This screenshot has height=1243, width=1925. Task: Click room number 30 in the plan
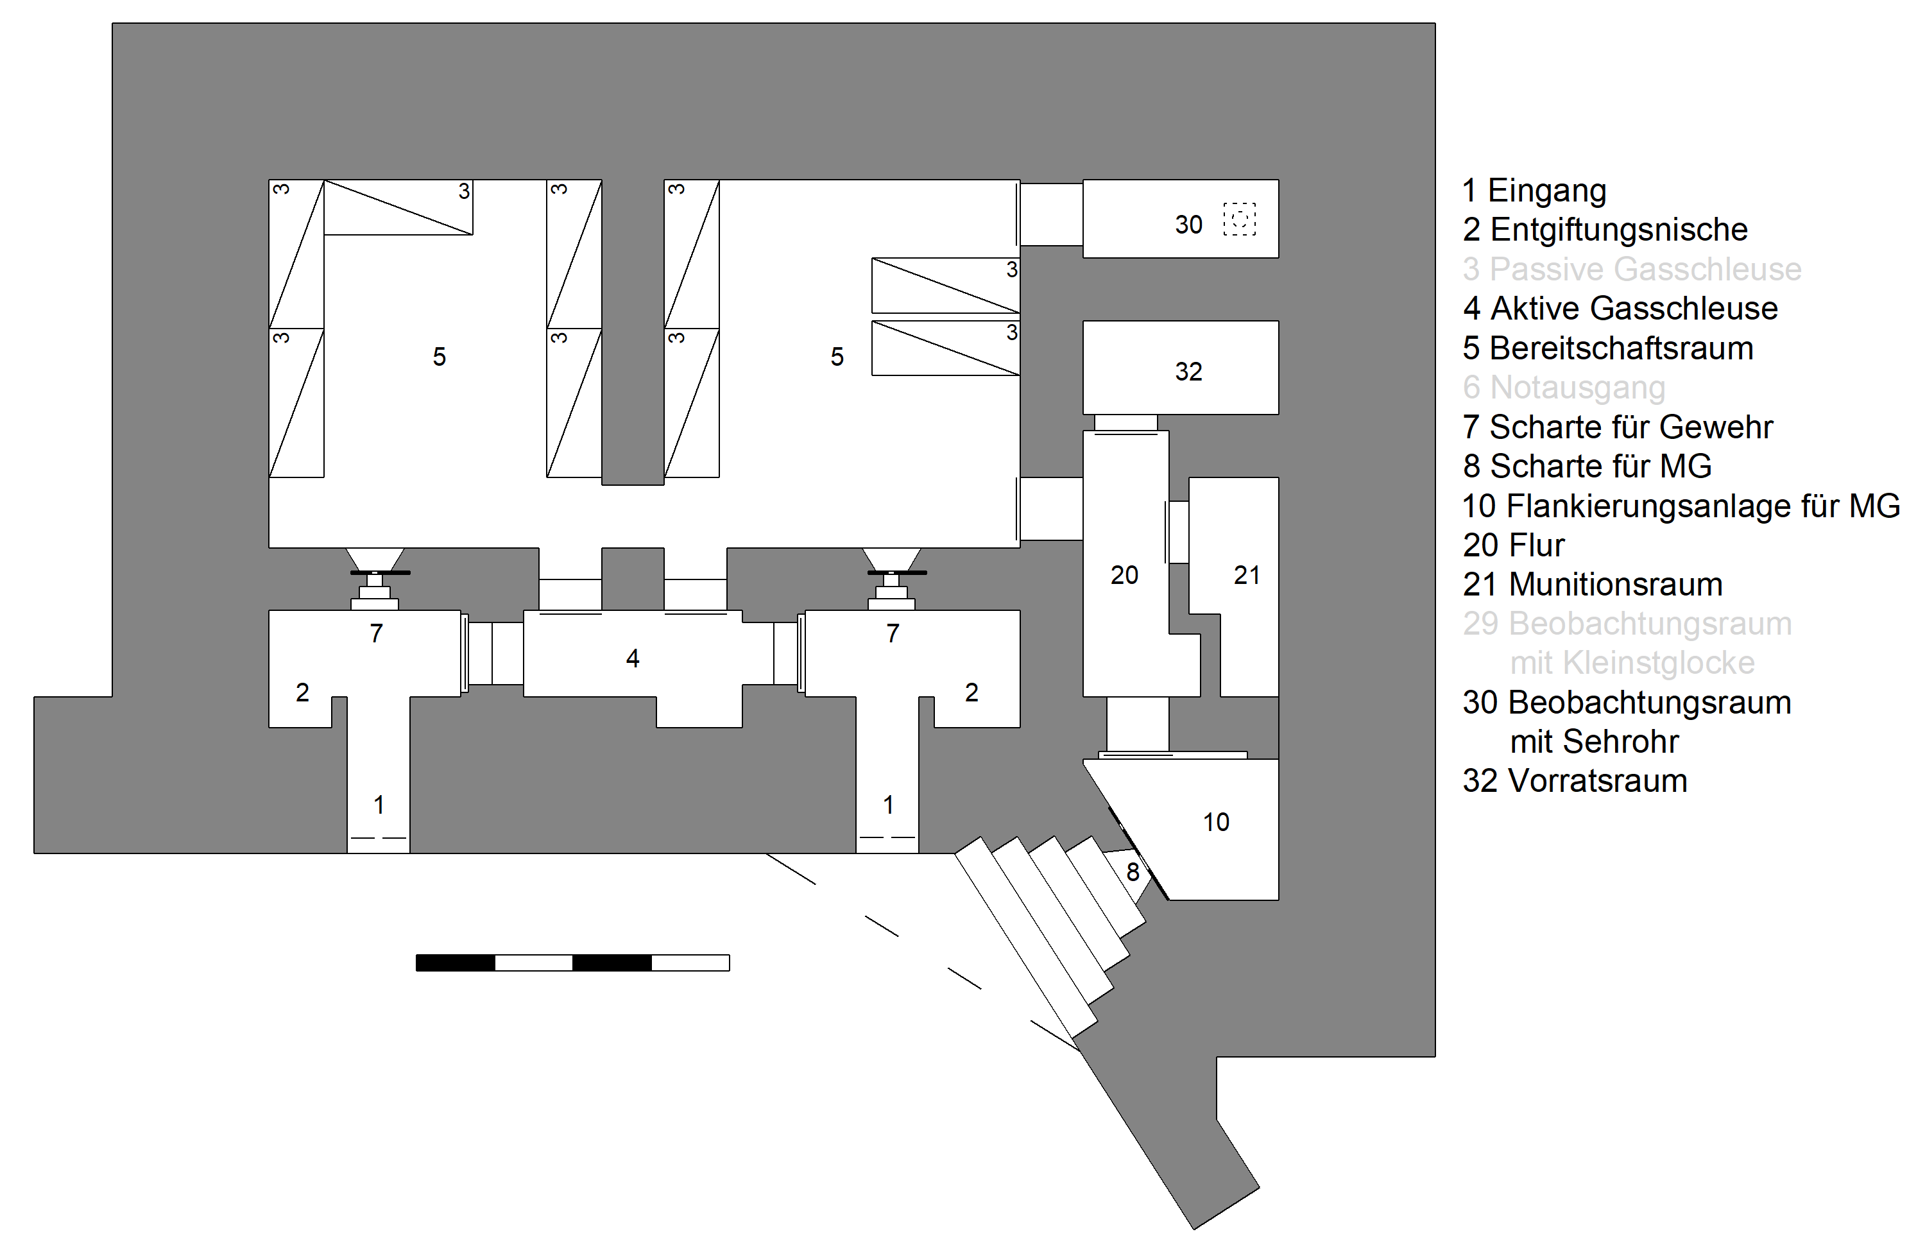[x=1188, y=225]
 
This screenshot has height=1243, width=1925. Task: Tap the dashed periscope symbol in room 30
[x=1239, y=219]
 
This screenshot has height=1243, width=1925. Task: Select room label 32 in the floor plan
[x=1188, y=372]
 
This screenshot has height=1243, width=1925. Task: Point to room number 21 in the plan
[x=1246, y=575]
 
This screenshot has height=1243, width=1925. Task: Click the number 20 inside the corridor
[x=1124, y=575]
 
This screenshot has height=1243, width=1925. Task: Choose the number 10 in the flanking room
[x=1215, y=821]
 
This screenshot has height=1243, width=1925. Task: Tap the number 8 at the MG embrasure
[x=1133, y=871]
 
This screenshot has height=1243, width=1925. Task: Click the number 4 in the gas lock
[x=632, y=658]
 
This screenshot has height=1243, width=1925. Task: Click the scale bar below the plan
[x=572, y=962]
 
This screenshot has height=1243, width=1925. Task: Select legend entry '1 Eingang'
[x=1534, y=191]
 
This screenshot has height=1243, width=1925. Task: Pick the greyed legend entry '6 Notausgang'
[x=1563, y=388]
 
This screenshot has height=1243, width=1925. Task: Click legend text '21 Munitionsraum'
[x=1592, y=585]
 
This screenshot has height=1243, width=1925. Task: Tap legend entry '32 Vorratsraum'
[x=1574, y=780]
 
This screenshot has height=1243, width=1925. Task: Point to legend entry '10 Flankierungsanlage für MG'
[x=1681, y=506]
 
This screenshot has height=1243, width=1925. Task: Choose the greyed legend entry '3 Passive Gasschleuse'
[x=1631, y=269]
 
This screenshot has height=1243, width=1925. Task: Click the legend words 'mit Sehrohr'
[x=1593, y=741]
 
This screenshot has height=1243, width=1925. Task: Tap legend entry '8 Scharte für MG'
[x=1586, y=466]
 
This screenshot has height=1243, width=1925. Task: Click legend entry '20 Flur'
[x=1512, y=545]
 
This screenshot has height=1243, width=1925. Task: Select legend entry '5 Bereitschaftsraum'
[x=1607, y=348]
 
